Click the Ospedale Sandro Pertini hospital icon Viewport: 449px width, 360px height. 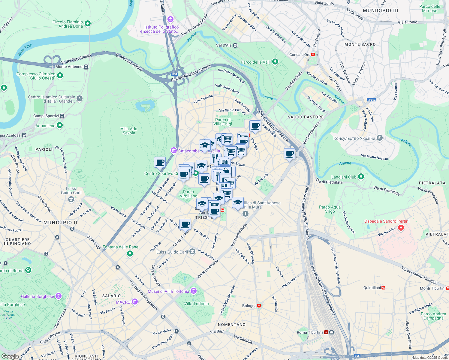tap(401, 228)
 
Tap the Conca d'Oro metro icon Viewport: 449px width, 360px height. tap(313, 55)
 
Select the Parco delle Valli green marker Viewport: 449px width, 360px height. tap(275, 62)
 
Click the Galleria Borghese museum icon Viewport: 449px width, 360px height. tap(59, 296)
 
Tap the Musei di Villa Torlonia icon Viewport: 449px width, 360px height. tap(194, 291)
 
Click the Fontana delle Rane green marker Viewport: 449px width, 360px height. tap(130, 253)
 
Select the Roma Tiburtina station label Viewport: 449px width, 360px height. tap(310, 332)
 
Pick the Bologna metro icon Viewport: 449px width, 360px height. tap(259, 306)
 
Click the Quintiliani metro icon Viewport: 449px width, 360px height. tap(383, 288)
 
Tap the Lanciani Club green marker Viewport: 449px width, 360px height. tap(361, 177)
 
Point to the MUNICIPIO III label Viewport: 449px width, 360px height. tap(380, 10)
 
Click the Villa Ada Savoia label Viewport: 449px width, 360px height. tap(129, 131)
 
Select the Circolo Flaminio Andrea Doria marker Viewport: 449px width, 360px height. tap(88, 23)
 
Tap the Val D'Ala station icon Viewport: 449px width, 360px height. tap(235, 45)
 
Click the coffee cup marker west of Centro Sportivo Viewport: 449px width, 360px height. tap(160, 162)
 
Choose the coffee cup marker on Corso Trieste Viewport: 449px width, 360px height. tap(185, 224)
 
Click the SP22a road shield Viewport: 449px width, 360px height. tap(371, 100)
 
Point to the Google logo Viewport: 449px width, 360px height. tap(10, 356)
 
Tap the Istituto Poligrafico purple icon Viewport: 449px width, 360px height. tap(170, 20)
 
